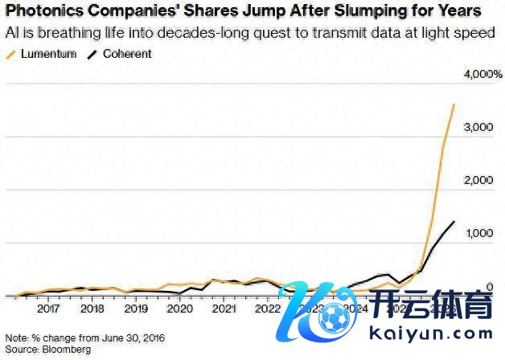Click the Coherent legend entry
122,54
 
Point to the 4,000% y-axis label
482,74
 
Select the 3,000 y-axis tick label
479,128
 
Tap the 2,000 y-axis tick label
479,181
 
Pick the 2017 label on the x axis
48,308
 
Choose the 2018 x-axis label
92,308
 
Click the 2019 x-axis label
136,308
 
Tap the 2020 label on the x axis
179,308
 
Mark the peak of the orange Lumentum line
454,104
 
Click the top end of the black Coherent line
454,222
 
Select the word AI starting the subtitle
10,33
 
